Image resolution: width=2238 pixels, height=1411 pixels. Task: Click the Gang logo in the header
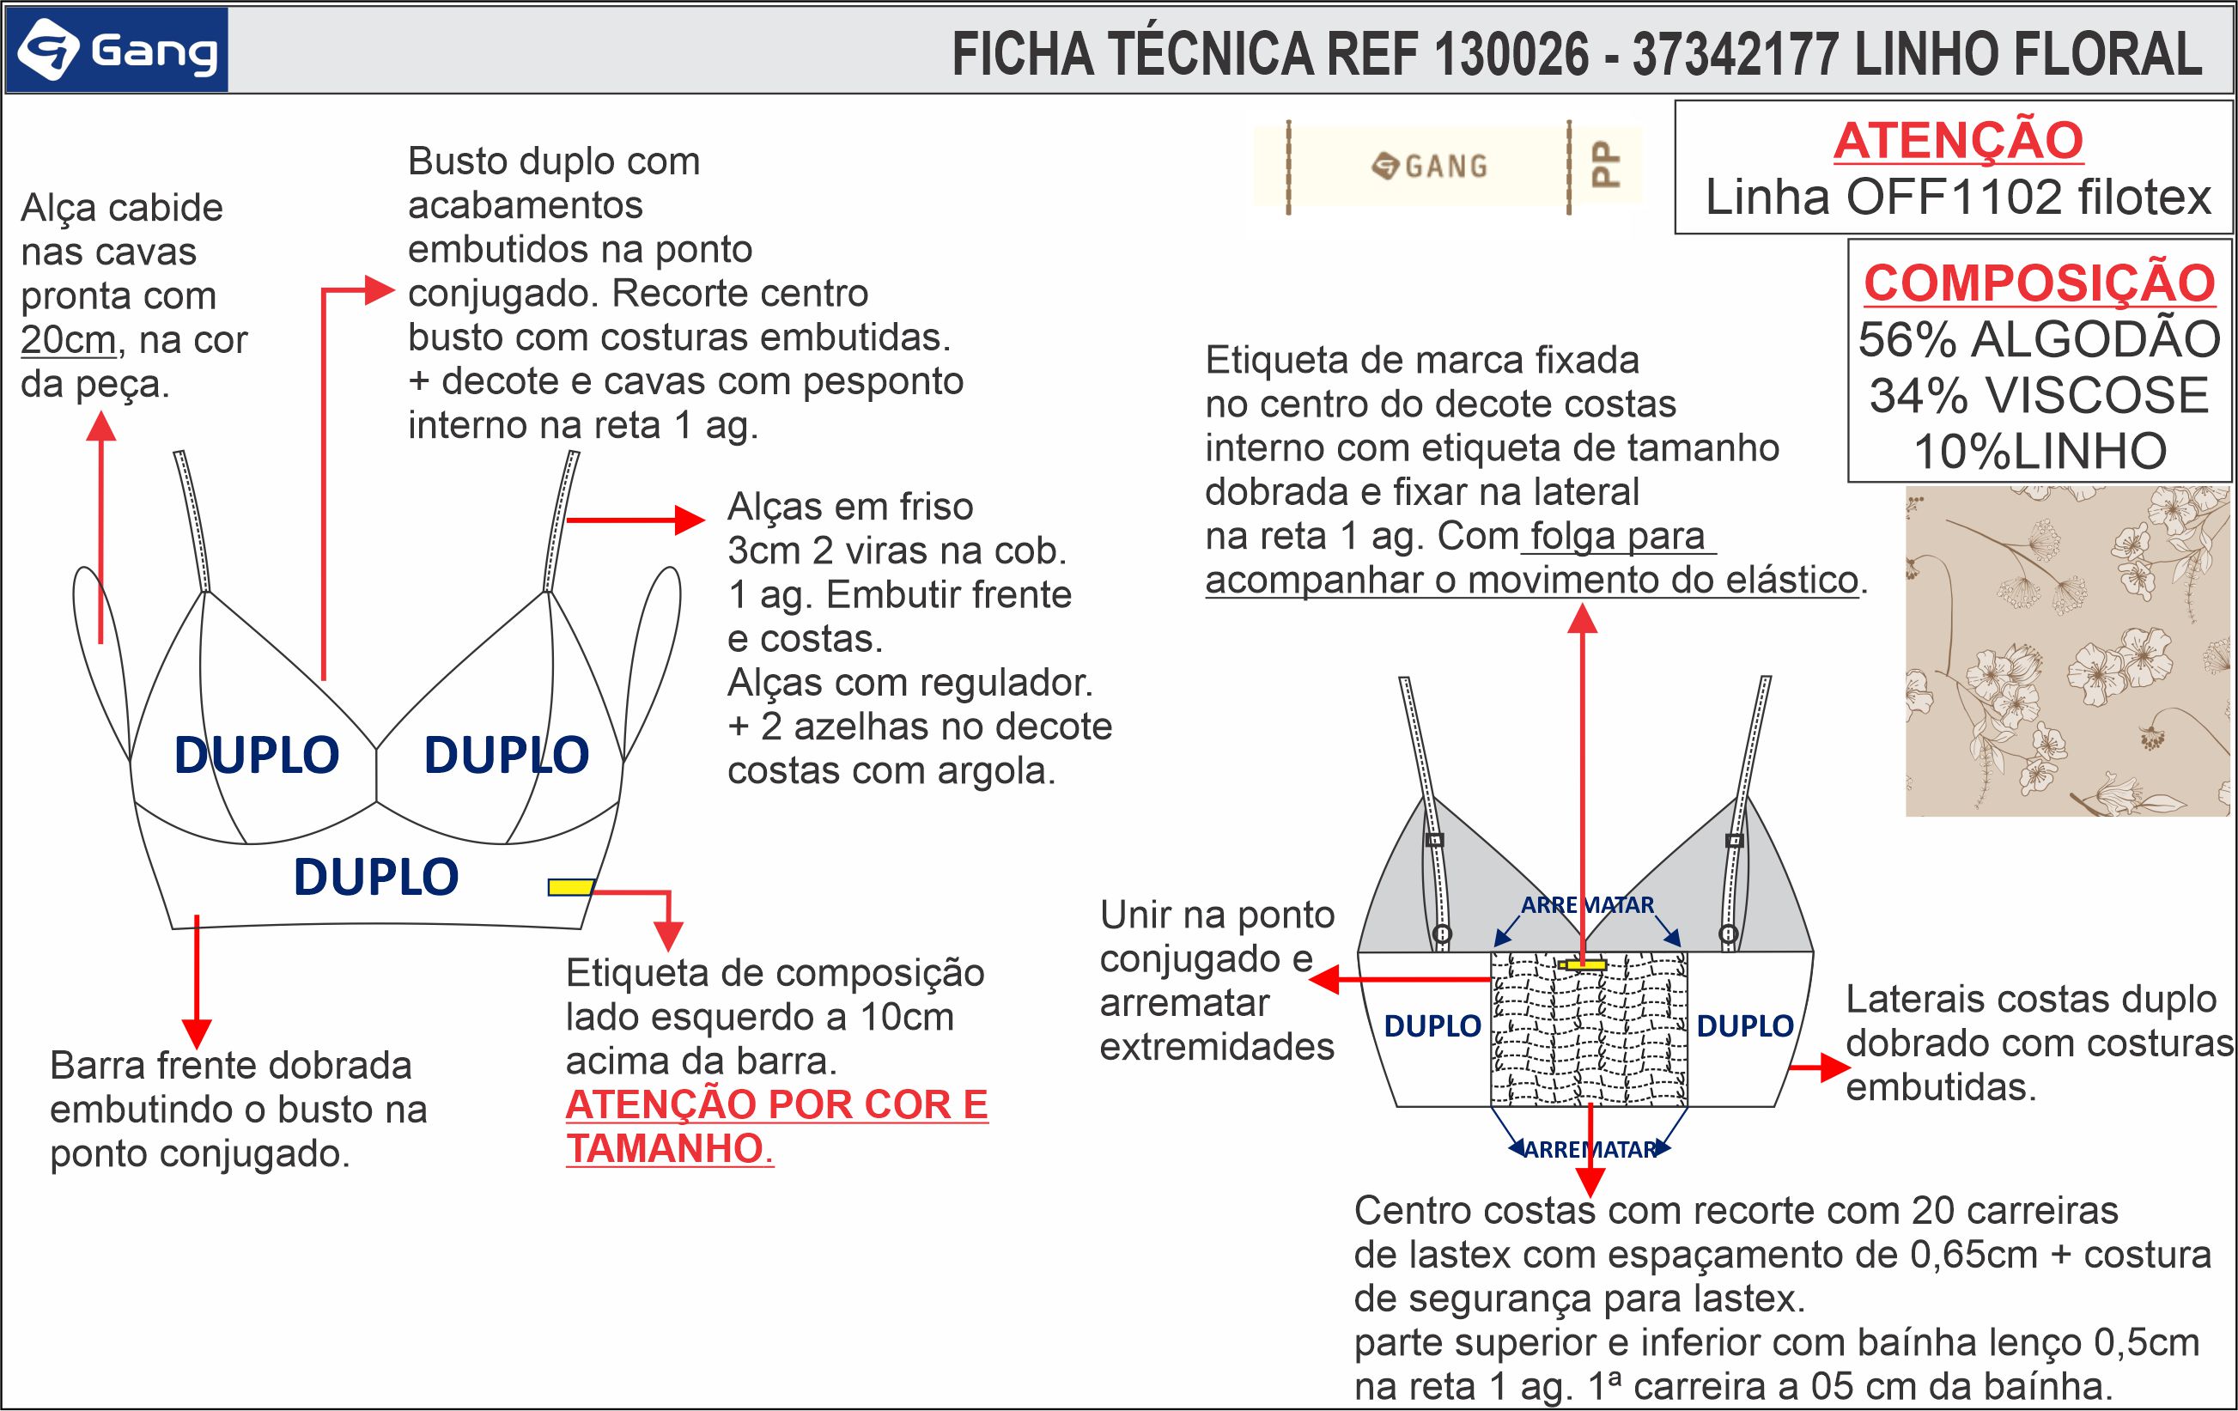tap(116, 50)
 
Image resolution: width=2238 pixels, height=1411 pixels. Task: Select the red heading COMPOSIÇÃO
tap(2039, 283)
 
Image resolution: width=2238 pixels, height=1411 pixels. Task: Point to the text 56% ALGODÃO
tap(2039, 339)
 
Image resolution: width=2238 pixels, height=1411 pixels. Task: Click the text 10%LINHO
tap(2039, 452)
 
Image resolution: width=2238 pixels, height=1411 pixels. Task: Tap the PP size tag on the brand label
tap(1606, 165)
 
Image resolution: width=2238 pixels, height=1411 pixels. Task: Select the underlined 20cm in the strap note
tap(68, 340)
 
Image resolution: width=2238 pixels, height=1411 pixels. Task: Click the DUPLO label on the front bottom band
tap(375, 877)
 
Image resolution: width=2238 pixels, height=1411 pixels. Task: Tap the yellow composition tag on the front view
tap(569, 887)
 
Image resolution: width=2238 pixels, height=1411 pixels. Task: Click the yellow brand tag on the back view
tap(1584, 964)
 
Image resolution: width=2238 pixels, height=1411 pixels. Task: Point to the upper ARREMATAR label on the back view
tap(1586, 904)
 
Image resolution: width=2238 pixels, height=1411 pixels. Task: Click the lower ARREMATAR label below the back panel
tap(1590, 1150)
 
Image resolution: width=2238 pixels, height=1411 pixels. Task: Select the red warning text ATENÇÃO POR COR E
tap(776, 1105)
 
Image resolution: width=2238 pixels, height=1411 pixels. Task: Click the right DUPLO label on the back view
tap(1744, 1026)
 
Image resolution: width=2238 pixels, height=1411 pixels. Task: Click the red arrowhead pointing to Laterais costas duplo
tap(1834, 1068)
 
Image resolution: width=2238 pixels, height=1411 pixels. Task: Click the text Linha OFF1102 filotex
tap(1957, 197)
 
